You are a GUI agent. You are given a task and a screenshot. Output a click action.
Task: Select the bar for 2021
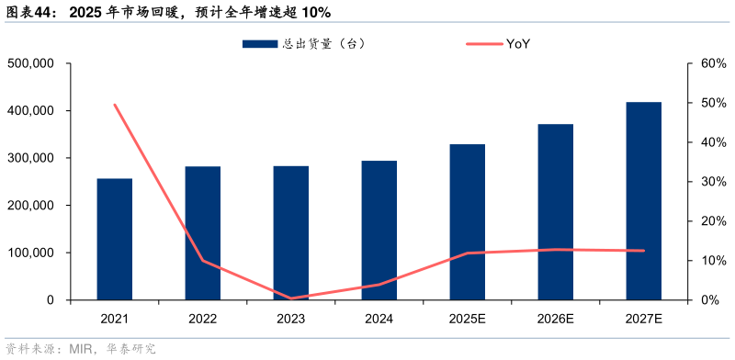(115, 240)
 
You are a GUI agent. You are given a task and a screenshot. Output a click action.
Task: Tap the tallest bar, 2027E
(644, 201)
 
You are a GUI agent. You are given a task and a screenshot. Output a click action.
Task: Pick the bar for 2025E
(468, 222)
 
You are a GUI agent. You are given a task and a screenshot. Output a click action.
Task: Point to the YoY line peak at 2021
(115, 105)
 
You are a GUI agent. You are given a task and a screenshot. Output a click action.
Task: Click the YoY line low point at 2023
(291, 298)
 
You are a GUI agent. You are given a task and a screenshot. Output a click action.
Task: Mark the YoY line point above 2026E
(556, 250)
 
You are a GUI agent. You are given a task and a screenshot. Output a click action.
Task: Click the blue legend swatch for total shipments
(260, 44)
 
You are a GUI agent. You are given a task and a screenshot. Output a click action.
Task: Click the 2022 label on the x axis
(203, 319)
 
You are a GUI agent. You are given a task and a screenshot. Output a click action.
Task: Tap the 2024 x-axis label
(379, 319)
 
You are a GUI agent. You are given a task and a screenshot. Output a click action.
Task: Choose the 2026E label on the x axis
(556, 319)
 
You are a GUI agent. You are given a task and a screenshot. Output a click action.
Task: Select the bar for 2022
(203, 233)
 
